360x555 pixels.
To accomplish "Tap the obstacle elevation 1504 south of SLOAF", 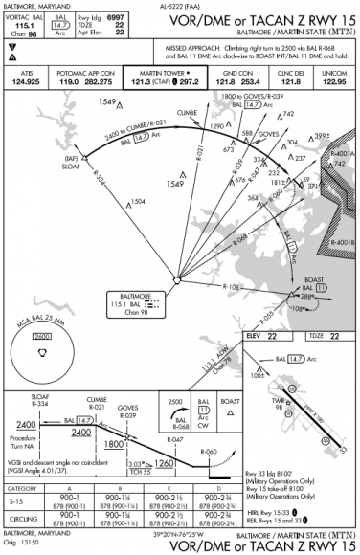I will click(x=139, y=201).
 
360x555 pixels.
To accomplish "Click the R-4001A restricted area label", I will click(x=346, y=152).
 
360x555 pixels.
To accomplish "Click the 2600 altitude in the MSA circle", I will click(x=42, y=337).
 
